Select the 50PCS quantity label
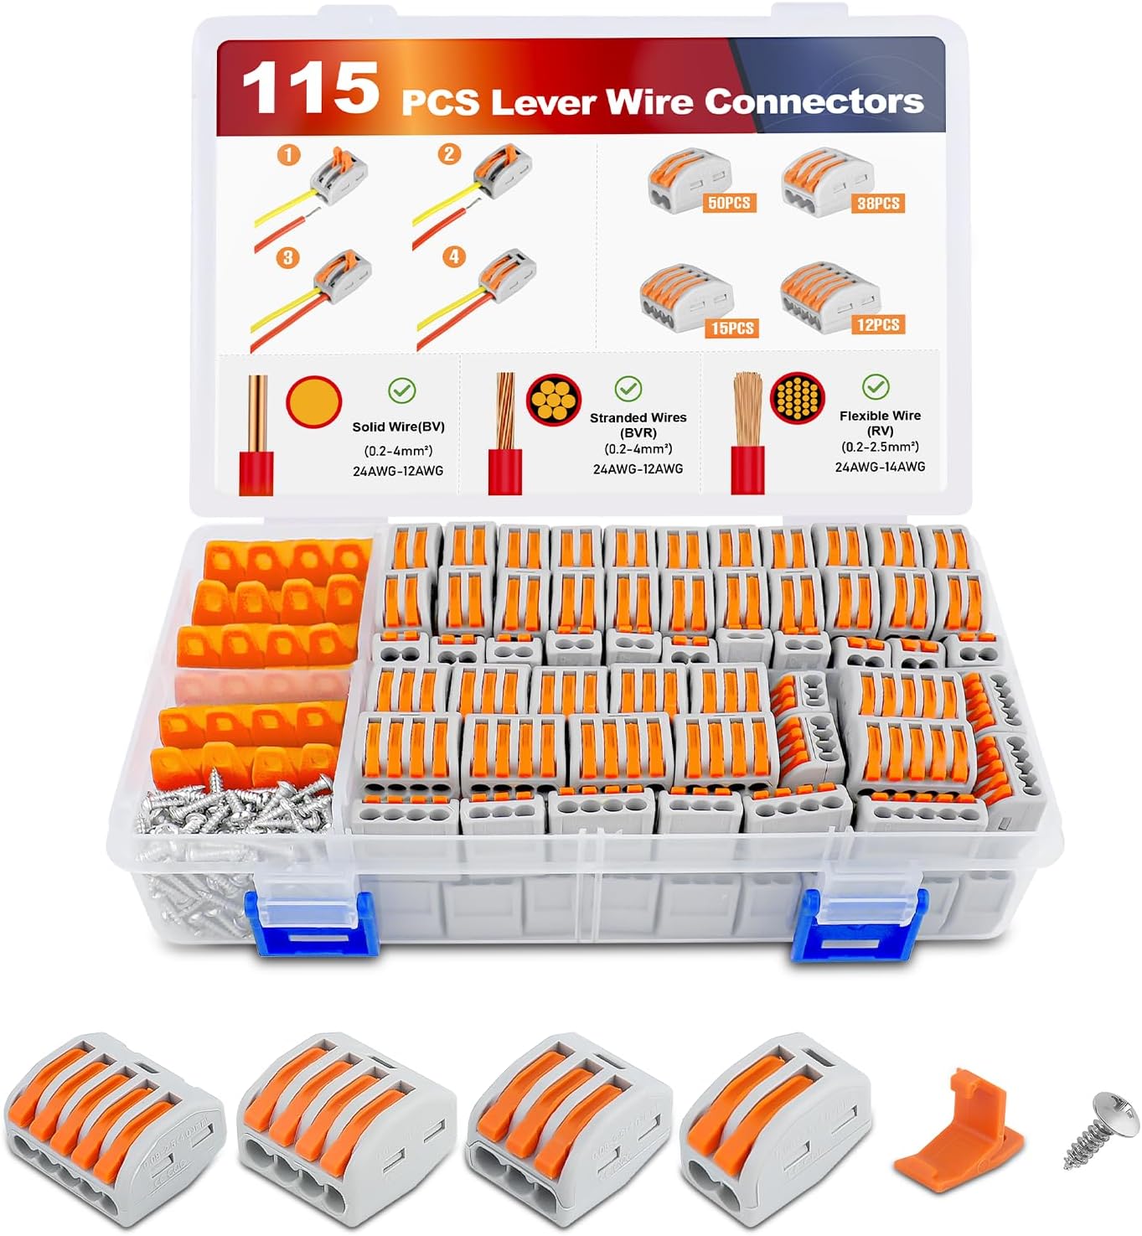click(x=728, y=203)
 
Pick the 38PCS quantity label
click(x=877, y=203)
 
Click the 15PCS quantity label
click(x=732, y=328)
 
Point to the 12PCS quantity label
click(x=878, y=324)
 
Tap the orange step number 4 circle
click(x=454, y=256)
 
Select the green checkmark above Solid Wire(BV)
click(x=402, y=390)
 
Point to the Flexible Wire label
click(x=880, y=416)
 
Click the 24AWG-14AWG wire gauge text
click(x=880, y=467)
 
